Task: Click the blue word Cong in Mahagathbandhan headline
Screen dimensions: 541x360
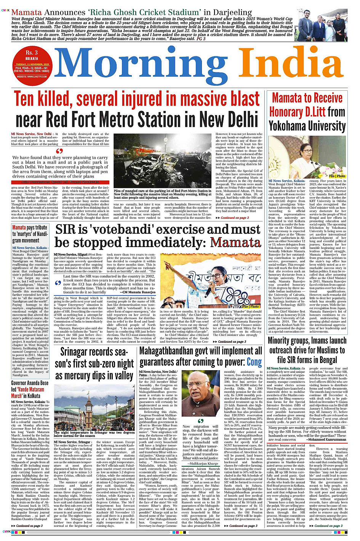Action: click(x=254, y=362)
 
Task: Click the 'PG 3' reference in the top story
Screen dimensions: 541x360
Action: click(x=201, y=39)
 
